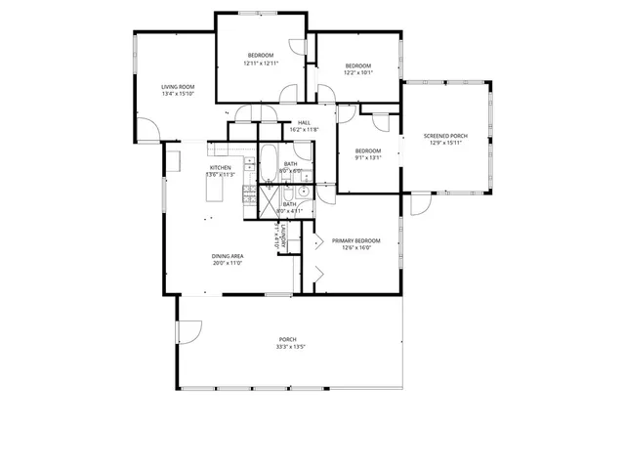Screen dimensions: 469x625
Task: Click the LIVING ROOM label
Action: tap(178, 87)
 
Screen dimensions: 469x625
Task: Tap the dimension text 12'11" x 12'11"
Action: tap(261, 64)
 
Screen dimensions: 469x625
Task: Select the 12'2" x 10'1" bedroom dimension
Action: tap(357, 72)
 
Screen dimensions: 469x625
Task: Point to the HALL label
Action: tap(304, 122)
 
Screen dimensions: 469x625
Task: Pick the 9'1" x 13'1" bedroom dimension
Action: tap(368, 157)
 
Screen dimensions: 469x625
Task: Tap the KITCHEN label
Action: tap(220, 167)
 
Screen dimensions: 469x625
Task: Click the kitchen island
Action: tap(216, 194)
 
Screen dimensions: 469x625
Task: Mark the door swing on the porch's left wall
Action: tap(188, 334)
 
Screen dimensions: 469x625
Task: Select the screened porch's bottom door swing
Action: tap(420, 205)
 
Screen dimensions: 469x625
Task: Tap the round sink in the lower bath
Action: tap(303, 206)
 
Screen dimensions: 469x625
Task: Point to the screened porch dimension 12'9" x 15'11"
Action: tap(443, 143)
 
